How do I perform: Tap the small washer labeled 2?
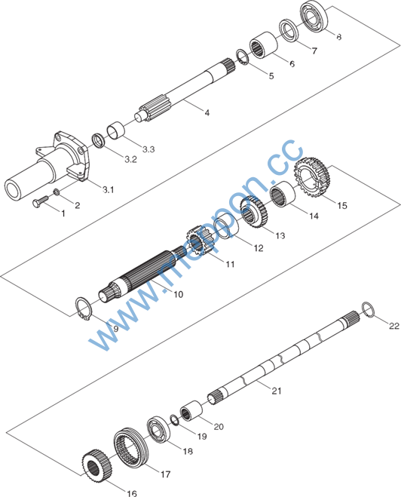click(x=57, y=192)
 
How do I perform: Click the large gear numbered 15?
click(x=313, y=177)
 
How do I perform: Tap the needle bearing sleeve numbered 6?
click(x=264, y=44)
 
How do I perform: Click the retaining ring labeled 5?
click(x=243, y=57)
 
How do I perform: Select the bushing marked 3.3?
click(x=115, y=131)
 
